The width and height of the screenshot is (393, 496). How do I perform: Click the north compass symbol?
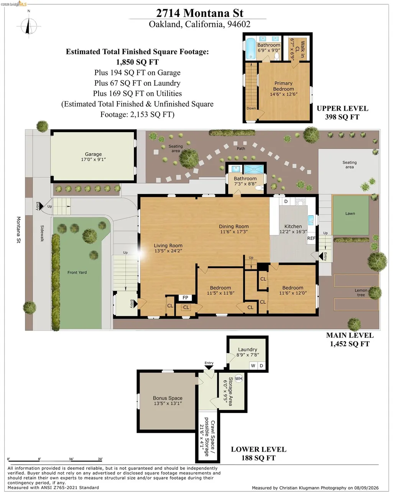tap(29, 26)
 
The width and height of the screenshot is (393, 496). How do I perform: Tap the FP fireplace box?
tap(185, 298)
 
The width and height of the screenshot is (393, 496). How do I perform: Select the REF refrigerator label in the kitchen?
tap(311, 238)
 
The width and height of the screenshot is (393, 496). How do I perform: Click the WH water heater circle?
tap(238, 378)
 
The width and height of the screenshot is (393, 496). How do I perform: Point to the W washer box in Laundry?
tap(253, 365)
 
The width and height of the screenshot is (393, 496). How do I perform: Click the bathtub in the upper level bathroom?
tap(250, 49)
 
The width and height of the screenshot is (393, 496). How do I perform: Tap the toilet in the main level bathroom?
tap(260, 188)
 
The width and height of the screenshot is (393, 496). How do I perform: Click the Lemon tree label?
tap(361, 293)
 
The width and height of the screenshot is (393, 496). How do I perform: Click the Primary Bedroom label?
tap(283, 86)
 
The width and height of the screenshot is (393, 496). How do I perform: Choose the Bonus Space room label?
tap(168, 398)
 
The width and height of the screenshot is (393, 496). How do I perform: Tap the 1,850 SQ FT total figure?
tap(137, 62)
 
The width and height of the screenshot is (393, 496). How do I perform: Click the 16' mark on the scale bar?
tap(71, 459)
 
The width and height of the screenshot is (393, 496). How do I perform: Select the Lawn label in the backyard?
tap(350, 213)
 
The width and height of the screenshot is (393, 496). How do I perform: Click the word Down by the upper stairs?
tap(251, 108)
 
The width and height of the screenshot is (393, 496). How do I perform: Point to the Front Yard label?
tap(77, 272)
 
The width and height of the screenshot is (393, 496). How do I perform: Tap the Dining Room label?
tap(234, 226)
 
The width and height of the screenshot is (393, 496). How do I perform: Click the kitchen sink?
tap(311, 219)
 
